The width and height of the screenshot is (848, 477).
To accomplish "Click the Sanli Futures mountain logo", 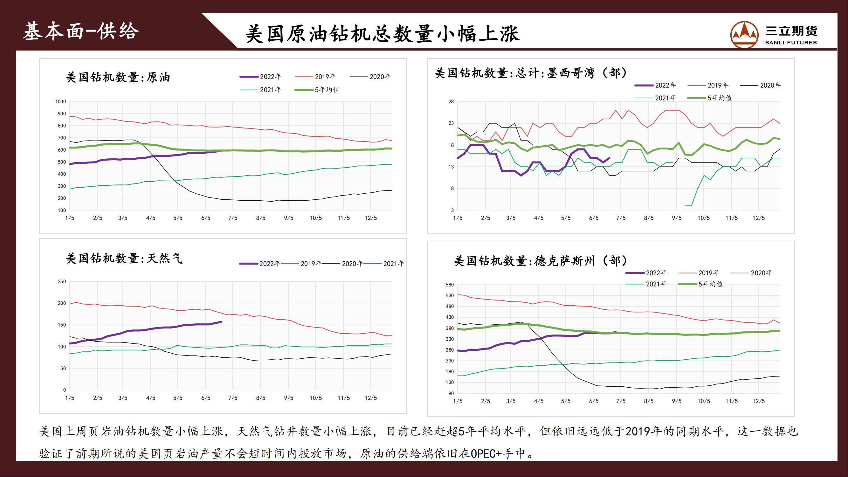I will coord(744,35).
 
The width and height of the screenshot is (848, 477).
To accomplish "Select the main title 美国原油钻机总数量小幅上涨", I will coord(382,34).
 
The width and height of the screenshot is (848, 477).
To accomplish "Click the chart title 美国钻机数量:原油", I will coord(118,77).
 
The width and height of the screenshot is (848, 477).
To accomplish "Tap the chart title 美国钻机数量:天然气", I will coord(124,259).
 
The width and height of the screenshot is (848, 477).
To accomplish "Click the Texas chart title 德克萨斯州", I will coord(541,261).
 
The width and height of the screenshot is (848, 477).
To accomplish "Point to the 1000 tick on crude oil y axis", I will coord(60,102).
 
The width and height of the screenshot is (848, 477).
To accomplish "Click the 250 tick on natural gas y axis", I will coord(62,282).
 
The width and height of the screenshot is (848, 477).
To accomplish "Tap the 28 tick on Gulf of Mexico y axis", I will coord(451,102).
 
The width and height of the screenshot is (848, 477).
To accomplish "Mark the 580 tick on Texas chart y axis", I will coord(450,285).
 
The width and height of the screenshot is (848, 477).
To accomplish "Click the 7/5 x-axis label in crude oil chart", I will coord(233,218).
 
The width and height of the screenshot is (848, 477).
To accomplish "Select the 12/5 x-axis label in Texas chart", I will coord(758,401).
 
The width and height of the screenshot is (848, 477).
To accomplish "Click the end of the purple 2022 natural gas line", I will coord(221,321).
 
